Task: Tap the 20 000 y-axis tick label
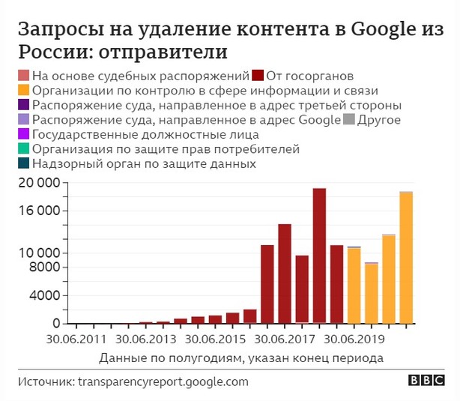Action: click(x=38, y=183)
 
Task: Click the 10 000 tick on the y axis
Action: click(x=38, y=253)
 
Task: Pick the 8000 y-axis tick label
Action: click(x=43, y=268)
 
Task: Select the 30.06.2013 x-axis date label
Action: click(x=148, y=340)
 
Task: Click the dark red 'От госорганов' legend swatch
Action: click(x=257, y=76)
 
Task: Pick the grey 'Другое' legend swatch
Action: click(x=348, y=120)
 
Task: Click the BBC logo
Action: click(x=426, y=381)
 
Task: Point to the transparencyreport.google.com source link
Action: click(x=163, y=382)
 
